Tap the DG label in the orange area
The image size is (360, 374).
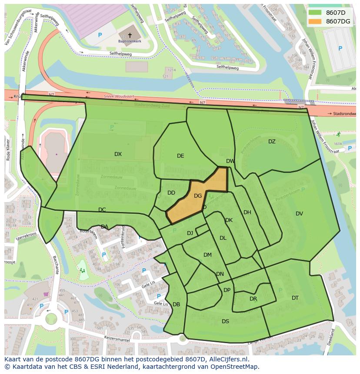198,196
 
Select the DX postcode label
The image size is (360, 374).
118,154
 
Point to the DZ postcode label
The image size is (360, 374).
272,142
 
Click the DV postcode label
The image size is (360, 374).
299,214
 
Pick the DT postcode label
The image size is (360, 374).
295,298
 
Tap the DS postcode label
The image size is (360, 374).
225,321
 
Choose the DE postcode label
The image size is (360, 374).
180,156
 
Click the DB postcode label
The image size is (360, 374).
176,304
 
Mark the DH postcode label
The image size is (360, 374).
247,212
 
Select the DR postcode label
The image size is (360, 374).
253,299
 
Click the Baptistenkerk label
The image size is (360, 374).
130,42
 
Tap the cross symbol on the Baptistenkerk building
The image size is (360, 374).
130,35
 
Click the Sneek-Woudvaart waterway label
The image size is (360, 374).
117,96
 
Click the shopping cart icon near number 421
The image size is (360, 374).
46,294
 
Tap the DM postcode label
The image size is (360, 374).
207,255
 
